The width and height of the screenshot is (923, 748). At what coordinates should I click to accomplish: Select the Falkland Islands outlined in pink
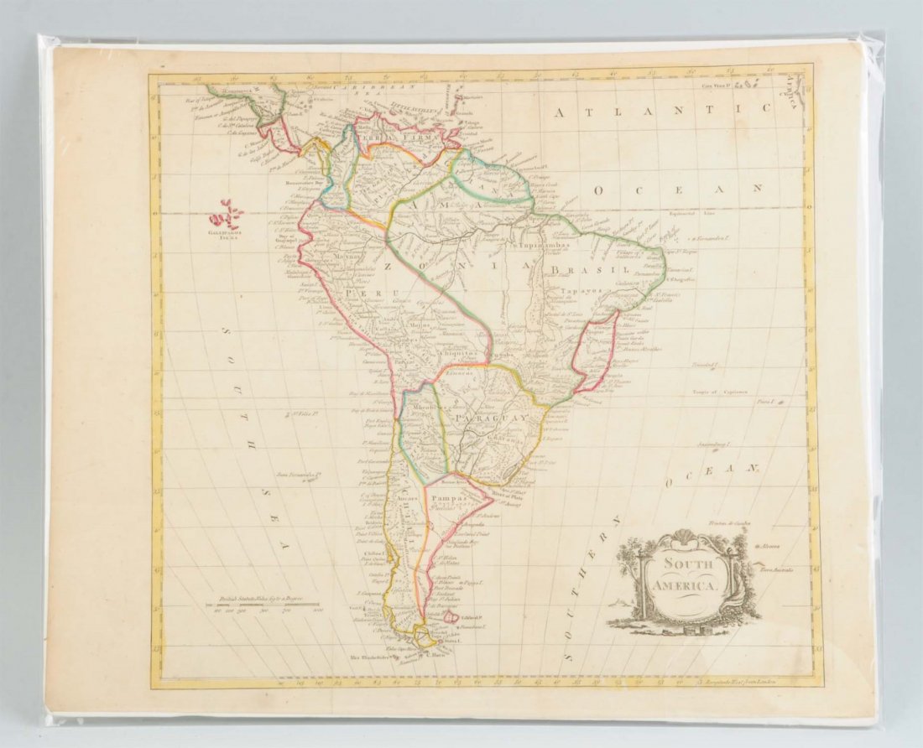[451, 617]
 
